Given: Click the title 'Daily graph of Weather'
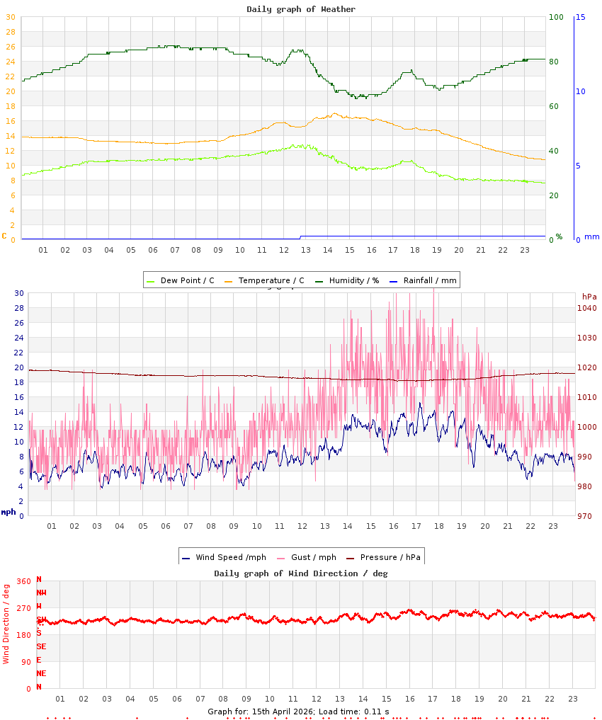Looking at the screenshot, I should (301, 9).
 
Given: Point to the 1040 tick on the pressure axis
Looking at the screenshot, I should (586, 308).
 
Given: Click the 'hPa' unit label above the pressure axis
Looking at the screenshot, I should (589, 296).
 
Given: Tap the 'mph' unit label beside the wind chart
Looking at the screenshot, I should (8, 512).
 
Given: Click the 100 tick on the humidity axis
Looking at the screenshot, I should (556, 17).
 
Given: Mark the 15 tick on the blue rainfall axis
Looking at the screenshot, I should (580, 17).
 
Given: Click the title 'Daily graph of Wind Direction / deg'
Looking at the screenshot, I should (301, 573).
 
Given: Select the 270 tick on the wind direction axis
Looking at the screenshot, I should (24, 608).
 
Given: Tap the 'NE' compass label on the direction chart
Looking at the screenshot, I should (41, 673).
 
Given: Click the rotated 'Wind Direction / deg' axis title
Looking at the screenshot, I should (6, 624).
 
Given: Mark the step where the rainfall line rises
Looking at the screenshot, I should (300, 237).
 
